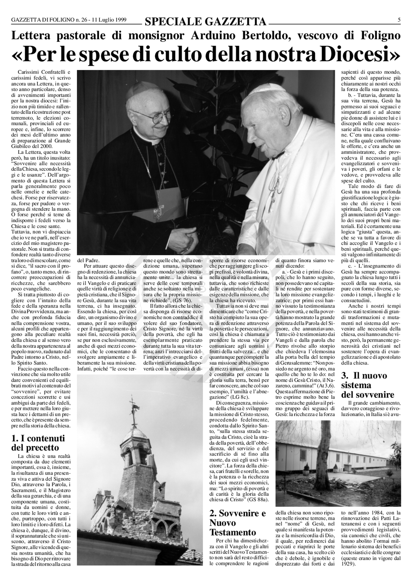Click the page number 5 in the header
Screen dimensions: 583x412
[x=399, y=20]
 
